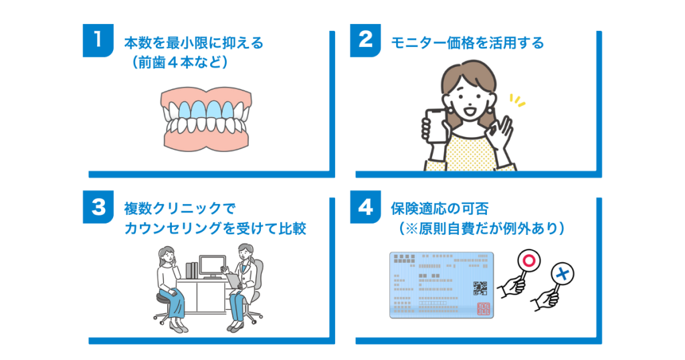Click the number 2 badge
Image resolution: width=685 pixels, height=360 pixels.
(365, 41)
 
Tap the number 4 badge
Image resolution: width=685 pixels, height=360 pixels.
(365, 208)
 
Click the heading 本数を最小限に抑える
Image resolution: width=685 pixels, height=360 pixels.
(194, 43)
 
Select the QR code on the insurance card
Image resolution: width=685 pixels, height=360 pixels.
(480, 289)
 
